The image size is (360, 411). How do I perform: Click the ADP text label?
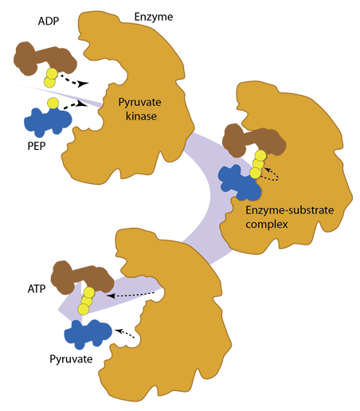pos(49,22)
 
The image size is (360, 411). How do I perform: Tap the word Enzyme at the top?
pos(154,18)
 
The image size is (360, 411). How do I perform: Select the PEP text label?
pos(37,146)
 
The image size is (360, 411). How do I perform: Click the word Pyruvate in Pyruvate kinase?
pos(140,103)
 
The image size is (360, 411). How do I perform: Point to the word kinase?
pos(141,116)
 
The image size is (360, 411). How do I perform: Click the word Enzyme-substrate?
pos(290,210)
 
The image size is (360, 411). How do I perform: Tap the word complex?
pos(267,225)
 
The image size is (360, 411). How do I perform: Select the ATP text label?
pos(37,289)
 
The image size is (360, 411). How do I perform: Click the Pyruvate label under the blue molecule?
pos(71,359)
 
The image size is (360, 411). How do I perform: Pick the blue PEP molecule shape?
pos(48,121)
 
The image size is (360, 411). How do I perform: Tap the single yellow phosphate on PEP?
pos(53,103)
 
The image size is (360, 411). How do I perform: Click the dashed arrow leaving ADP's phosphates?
pos(75,80)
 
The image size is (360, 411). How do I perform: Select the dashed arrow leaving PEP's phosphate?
pos(76,105)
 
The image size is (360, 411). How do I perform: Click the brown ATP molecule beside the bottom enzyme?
pos(82,277)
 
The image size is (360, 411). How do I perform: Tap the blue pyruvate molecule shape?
pos(88,334)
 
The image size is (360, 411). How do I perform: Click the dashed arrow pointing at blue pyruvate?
pos(125,333)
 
